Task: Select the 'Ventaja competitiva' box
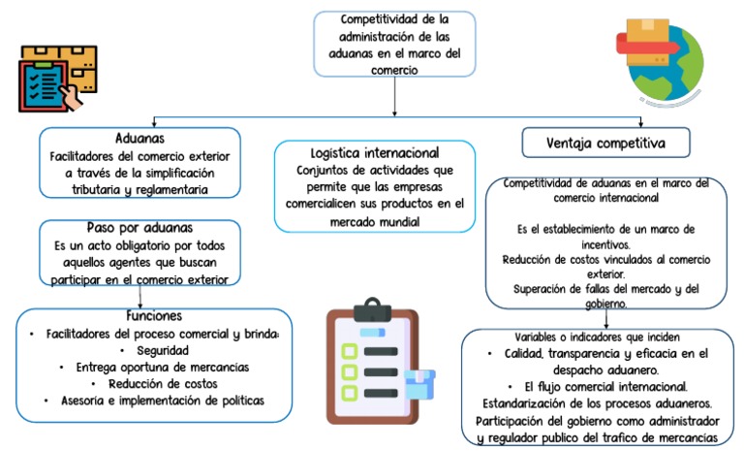click(605, 144)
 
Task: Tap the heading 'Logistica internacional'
click(375, 152)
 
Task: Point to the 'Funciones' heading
click(154, 316)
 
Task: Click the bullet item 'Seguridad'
click(154, 350)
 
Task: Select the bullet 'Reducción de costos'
click(154, 383)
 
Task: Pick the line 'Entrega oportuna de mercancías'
click(154, 367)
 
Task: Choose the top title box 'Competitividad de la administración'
click(394, 44)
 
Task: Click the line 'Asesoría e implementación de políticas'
click(154, 400)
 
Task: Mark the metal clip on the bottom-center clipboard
click(370, 309)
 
